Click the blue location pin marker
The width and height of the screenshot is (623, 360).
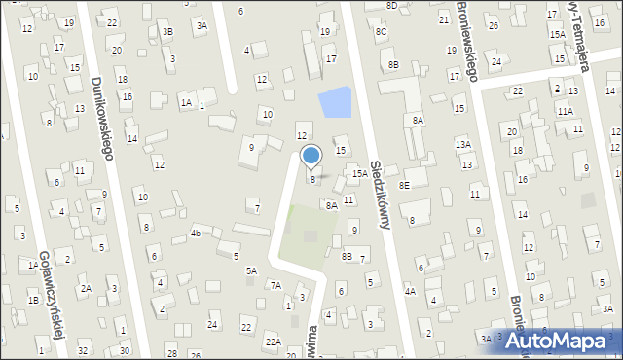point(311,156)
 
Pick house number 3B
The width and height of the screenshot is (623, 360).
point(167,32)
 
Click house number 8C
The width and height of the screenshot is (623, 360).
point(382,32)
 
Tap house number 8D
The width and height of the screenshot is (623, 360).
point(391,5)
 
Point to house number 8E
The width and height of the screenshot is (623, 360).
point(403,184)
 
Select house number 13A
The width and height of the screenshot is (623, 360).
point(463,144)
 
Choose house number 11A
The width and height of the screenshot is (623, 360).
point(565,111)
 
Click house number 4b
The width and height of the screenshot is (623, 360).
point(196,233)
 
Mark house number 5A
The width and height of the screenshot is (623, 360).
point(251,270)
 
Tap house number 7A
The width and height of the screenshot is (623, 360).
point(275,285)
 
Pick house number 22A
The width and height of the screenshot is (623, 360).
point(275,342)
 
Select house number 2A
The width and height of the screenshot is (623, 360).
point(86,288)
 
